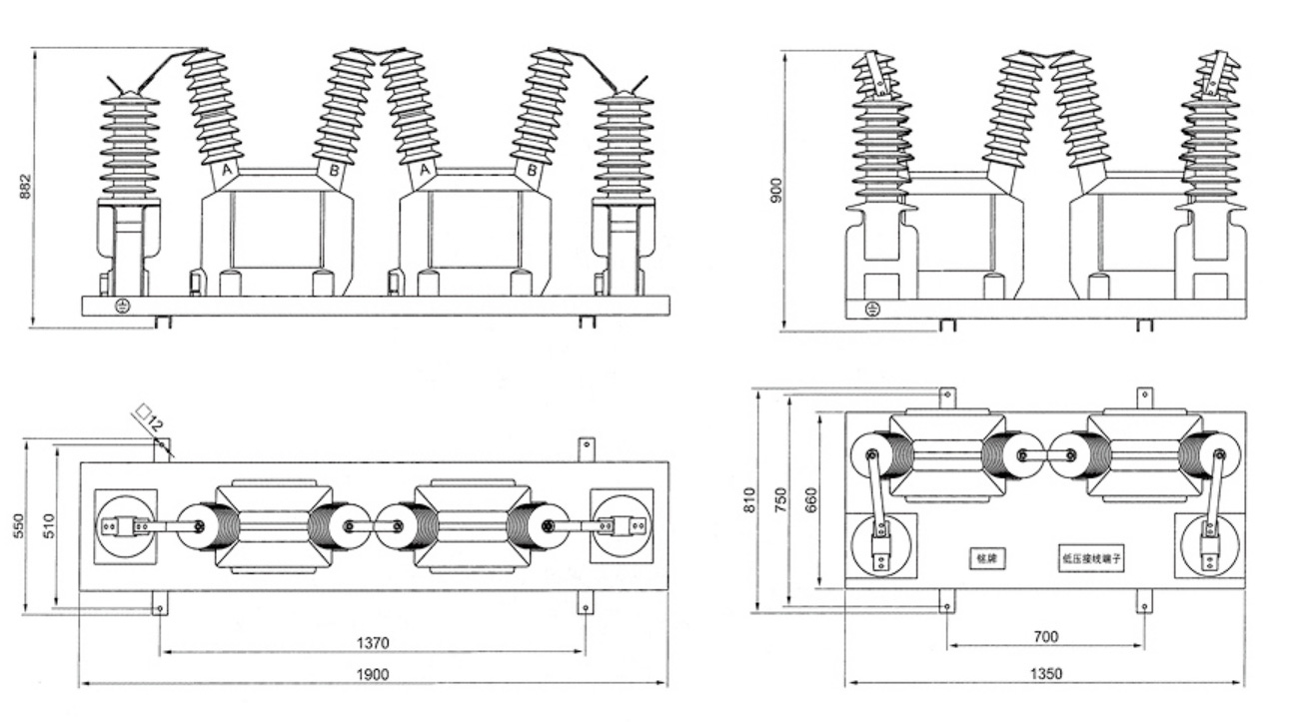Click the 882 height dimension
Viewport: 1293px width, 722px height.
(x=26, y=188)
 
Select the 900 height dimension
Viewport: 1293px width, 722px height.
(x=775, y=190)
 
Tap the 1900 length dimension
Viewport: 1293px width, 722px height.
(x=372, y=674)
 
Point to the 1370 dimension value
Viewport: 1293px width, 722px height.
(x=372, y=642)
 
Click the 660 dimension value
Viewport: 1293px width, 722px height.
(x=811, y=498)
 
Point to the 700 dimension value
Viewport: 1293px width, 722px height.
(x=1045, y=636)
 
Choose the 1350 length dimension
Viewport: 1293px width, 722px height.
(x=1045, y=673)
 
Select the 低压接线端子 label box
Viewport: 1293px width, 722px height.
(x=1093, y=559)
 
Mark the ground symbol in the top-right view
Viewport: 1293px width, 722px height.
(x=871, y=309)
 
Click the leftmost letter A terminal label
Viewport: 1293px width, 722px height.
(x=227, y=171)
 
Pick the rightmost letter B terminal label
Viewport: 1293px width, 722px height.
(x=532, y=171)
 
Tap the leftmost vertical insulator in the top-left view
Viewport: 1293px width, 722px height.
(x=130, y=145)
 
